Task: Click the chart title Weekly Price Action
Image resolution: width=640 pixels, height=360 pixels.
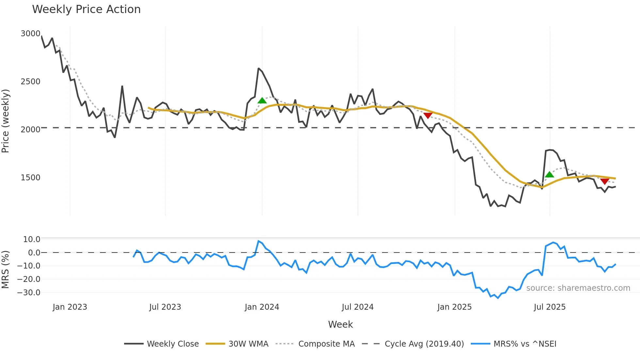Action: click(x=86, y=9)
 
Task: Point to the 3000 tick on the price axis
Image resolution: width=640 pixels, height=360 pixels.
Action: click(x=30, y=34)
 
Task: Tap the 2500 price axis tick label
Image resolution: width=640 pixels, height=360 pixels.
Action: click(x=30, y=82)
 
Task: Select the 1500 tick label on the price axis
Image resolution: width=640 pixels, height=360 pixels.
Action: click(x=30, y=178)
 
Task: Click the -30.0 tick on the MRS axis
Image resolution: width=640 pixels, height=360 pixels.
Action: click(x=29, y=293)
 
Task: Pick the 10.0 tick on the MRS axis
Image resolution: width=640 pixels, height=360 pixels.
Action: click(x=32, y=239)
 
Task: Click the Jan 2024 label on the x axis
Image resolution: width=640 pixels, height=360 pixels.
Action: click(x=262, y=307)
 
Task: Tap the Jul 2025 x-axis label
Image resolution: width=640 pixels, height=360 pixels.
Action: click(x=550, y=307)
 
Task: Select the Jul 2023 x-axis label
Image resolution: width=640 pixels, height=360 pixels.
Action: click(x=165, y=307)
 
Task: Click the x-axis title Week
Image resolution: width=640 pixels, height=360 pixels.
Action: click(x=340, y=324)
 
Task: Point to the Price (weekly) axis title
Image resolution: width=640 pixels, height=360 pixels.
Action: click(x=6, y=121)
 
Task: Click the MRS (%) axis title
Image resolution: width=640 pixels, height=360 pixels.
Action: click(x=6, y=270)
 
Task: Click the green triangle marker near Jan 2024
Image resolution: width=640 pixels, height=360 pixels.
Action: click(x=262, y=101)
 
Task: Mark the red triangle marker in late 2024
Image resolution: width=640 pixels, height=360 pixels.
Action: click(x=428, y=115)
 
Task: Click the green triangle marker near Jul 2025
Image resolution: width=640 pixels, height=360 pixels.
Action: click(x=550, y=174)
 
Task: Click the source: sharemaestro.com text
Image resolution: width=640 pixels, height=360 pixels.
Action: click(x=578, y=288)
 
